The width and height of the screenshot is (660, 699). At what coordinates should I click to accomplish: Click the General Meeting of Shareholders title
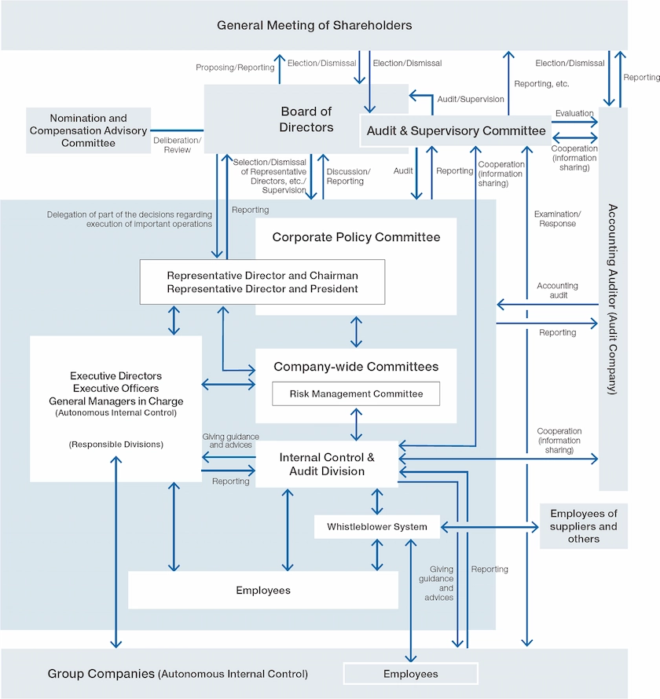pyautogui.click(x=314, y=25)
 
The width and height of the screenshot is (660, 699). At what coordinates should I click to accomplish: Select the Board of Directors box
pyautogui.click(x=306, y=119)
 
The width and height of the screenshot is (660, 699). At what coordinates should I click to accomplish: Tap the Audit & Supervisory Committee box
pyautogui.click(x=456, y=131)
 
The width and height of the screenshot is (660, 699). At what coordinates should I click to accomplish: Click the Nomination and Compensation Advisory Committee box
pyautogui.click(x=88, y=130)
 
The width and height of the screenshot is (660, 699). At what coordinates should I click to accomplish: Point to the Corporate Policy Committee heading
pyautogui.click(x=356, y=237)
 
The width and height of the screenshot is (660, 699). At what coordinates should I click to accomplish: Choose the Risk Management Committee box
pyautogui.click(x=356, y=394)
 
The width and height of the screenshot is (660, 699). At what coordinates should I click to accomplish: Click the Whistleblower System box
pyautogui.click(x=377, y=527)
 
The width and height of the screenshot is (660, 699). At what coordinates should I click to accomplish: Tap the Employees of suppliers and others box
pyautogui.click(x=584, y=526)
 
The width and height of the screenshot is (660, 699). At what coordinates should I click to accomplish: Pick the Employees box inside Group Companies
pyautogui.click(x=411, y=674)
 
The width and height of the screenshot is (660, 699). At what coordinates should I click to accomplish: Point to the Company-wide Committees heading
pyautogui.click(x=356, y=367)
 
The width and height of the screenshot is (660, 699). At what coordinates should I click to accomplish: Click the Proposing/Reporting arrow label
pyautogui.click(x=235, y=68)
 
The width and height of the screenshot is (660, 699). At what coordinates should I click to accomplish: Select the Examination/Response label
pyautogui.click(x=557, y=218)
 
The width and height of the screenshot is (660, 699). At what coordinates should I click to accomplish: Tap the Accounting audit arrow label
pyautogui.click(x=557, y=291)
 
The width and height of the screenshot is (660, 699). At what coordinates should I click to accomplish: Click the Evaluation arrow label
pyautogui.click(x=574, y=113)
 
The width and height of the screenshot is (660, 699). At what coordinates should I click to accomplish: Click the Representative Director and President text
pyautogui.click(x=262, y=288)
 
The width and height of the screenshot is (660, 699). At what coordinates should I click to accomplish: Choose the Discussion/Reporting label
pyautogui.click(x=348, y=176)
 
